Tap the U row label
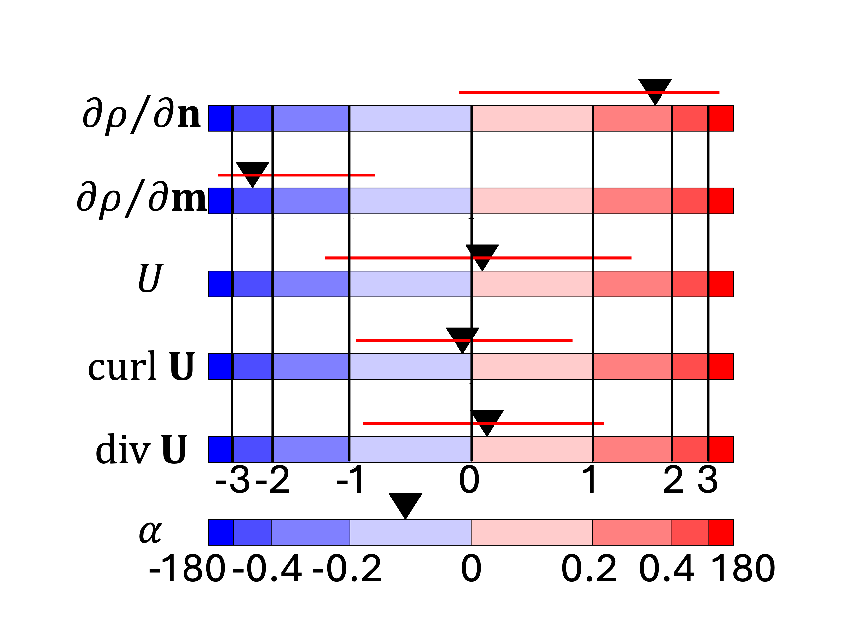click(151, 278)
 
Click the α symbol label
click(151, 532)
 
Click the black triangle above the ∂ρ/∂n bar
click(655, 89)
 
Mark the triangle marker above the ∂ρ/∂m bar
click(252, 172)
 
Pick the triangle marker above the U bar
click(482, 254)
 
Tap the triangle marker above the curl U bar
click(462, 337)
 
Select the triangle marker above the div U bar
click(487, 420)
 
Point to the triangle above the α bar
click(405, 503)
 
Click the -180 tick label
click(187, 569)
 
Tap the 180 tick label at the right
click(743, 569)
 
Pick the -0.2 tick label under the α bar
click(347, 569)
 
